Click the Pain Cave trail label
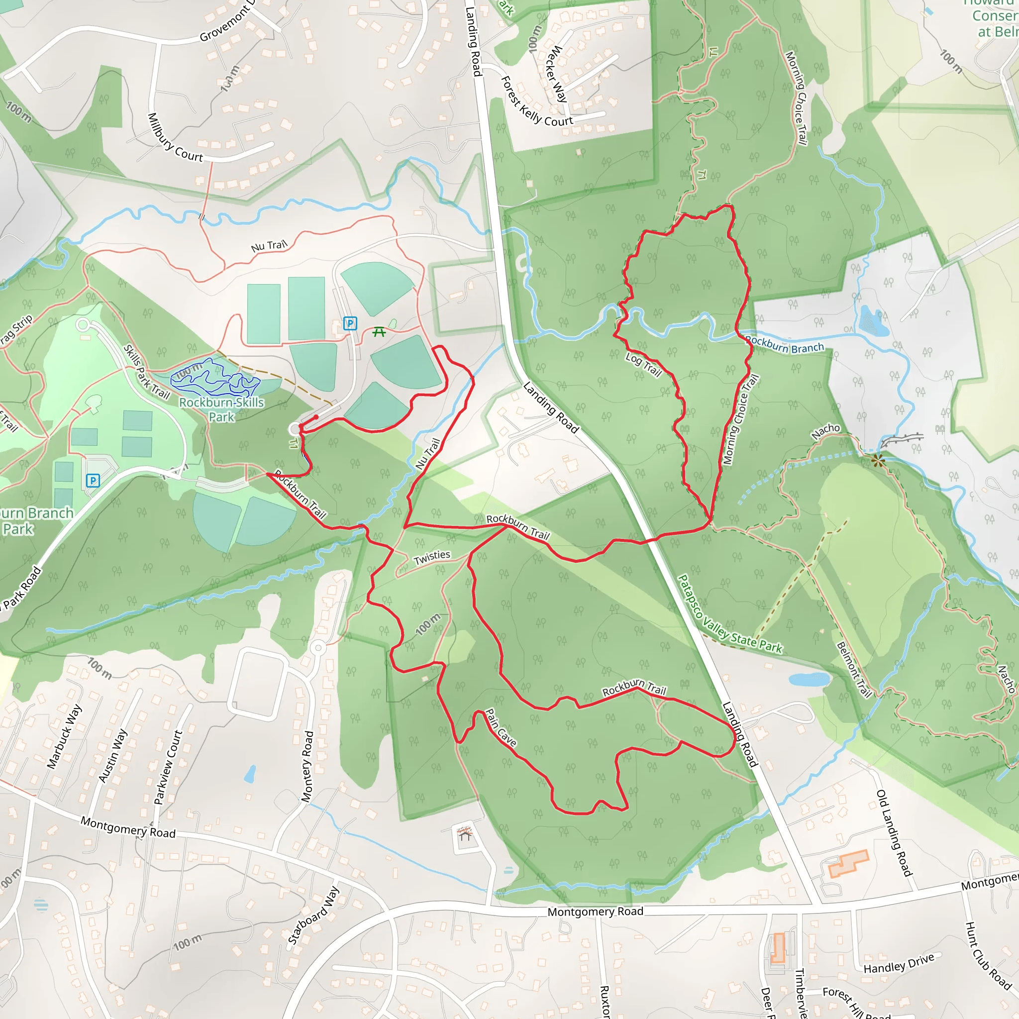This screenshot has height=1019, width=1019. point(501,727)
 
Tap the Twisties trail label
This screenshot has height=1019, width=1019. point(432,557)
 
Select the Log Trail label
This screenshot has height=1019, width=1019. point(643,364)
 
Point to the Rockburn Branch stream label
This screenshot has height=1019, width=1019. point(785,344)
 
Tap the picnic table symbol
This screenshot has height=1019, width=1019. point(379,332)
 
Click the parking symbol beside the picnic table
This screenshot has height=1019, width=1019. point(350,323)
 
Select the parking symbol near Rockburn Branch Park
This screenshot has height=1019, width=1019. point(93,480)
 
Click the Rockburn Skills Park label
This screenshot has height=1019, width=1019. point(221,409)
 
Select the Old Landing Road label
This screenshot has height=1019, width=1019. point(894,833)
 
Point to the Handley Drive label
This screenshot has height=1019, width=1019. point(899,964)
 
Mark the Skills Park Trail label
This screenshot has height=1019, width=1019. point(146,371)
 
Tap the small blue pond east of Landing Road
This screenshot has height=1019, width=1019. point(809,679)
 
